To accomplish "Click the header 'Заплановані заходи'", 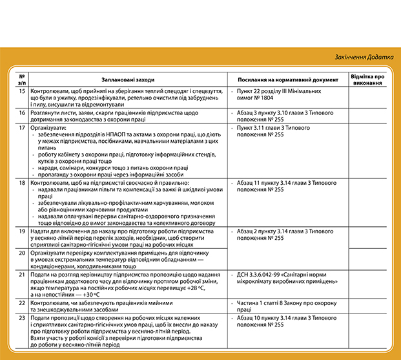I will [127, 79].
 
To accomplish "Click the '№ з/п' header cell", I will [22, 79].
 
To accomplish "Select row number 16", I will [22, 112].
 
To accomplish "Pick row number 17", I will [22, 128].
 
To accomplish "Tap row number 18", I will [22, 184].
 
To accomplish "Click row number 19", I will [22, 231].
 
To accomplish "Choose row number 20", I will [22, 253].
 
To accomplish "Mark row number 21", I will [22, 275].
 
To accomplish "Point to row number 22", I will [22, 302].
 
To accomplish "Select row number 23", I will [22, 318].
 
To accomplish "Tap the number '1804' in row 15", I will [273, 100].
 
